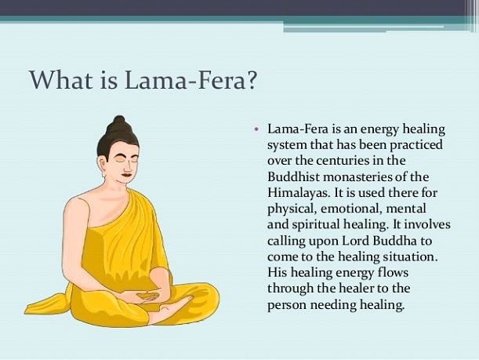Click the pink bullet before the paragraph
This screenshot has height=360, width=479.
coord(256,128)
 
